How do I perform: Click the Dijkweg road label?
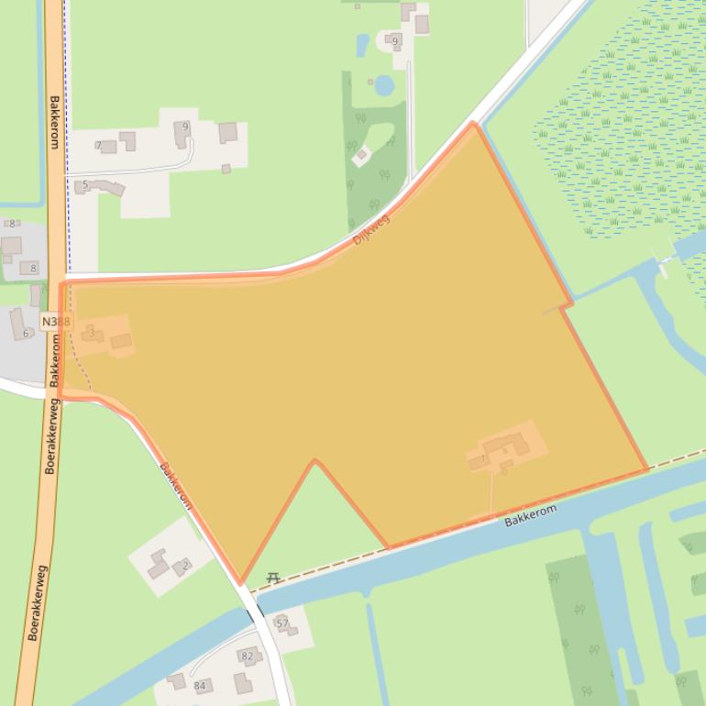point(371,229)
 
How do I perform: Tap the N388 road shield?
point(55,322)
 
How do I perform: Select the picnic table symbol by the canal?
point(272,578)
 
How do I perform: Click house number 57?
point(282,623)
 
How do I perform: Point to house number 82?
point(247,656)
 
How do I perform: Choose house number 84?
point(200,686)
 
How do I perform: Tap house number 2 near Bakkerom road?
point(185,566)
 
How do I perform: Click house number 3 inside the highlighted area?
point(92,331)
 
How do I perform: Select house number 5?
point(85,184)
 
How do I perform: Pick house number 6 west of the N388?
point(25,333)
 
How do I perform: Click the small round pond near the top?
point(385,85)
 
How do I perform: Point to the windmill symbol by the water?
point(662,263)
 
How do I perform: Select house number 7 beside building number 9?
point(98,146)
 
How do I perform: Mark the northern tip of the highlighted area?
point(473,123)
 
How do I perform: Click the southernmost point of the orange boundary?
point(241,583)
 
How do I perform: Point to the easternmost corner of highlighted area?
point(646,469)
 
